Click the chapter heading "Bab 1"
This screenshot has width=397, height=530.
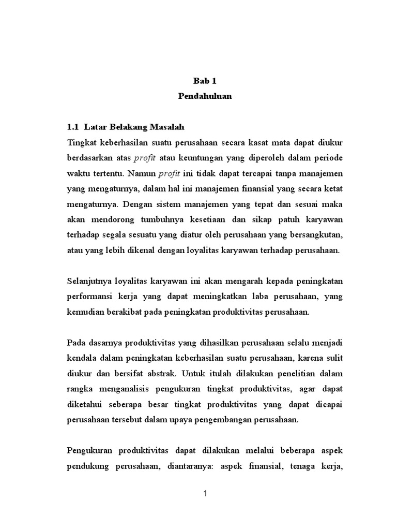point(205,81)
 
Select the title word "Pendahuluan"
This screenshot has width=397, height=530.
point(205,96)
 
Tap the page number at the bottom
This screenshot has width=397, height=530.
point(205,494)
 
